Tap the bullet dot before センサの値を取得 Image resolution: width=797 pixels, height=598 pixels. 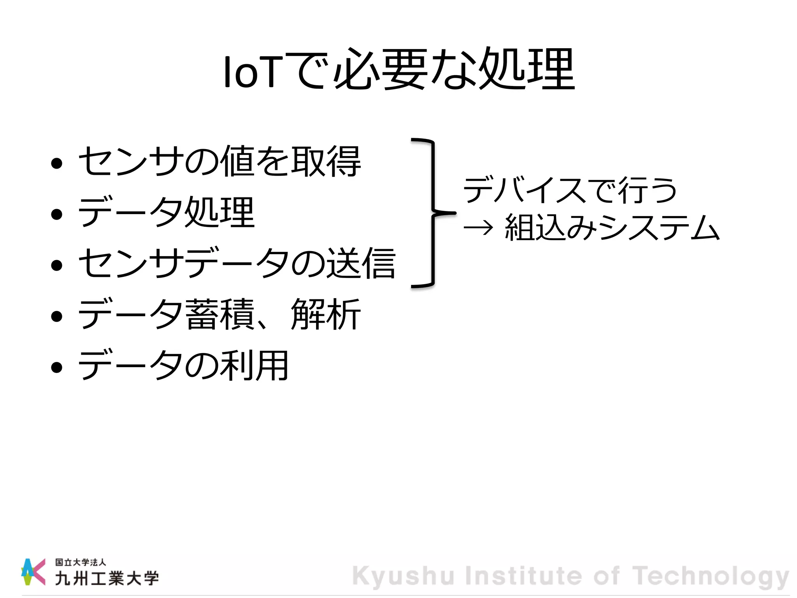coord(57,163)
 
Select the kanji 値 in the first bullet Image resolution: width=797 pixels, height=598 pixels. coord(237,161)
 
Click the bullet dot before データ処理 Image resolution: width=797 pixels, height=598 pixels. coord(57,214)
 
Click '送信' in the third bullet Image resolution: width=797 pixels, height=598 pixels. coord(360,263)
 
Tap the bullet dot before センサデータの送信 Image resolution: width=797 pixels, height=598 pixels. coord(57,265)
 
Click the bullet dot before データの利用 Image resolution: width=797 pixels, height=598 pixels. coord(57,367)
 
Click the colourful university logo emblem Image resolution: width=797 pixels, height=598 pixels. coord(33,572)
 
